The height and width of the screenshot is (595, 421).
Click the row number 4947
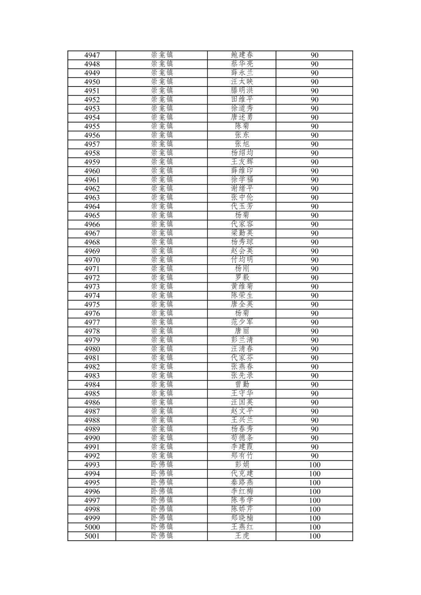92,55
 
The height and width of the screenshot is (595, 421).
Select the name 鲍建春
242,55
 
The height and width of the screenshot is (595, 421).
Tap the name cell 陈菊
242,126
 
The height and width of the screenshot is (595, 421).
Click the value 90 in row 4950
314,82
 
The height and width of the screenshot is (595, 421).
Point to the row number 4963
92,198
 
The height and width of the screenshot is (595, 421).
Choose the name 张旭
242,144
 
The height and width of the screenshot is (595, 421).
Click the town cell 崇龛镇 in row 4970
162,260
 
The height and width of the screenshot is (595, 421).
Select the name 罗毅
242,278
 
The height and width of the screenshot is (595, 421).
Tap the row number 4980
92,349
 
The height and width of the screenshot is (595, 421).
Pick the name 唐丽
242,331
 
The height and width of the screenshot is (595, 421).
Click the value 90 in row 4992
314,456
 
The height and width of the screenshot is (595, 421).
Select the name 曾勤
242,384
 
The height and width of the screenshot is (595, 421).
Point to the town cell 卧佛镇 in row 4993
162,465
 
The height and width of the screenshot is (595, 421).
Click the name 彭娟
242,465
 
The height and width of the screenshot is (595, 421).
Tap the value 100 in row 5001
314,536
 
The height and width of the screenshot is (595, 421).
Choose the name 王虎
242,536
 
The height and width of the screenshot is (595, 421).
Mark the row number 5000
92,527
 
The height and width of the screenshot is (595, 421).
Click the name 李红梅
242,491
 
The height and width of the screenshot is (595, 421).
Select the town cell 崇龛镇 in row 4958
162,153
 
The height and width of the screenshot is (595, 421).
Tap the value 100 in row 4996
314,492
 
